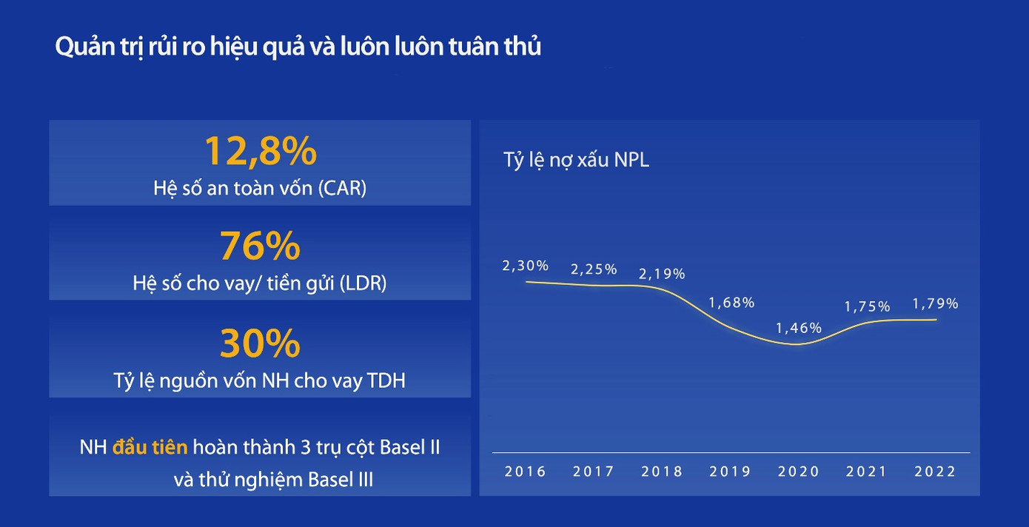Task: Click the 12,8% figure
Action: click(x=260, y=151)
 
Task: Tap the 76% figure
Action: click(x=260, y=246)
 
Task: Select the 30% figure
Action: click(x=260, y=343)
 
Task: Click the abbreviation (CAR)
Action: click(x=341, y=188)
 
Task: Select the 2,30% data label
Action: click(x=525, y=266)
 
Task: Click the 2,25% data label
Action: click(x=594, y=269)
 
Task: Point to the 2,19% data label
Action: click(x=662, y=274)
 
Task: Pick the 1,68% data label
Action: click(x=731, y=303)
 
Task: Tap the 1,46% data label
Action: click(x=799, y=328)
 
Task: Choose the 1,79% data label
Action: click(x=935, y=303)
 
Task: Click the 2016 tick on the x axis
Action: click(x=525, y=471)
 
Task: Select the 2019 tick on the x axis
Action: click(x=730, y=471)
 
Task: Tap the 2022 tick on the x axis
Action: click(x=936, y=471)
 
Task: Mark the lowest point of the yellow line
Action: click(x=794, y=344)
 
